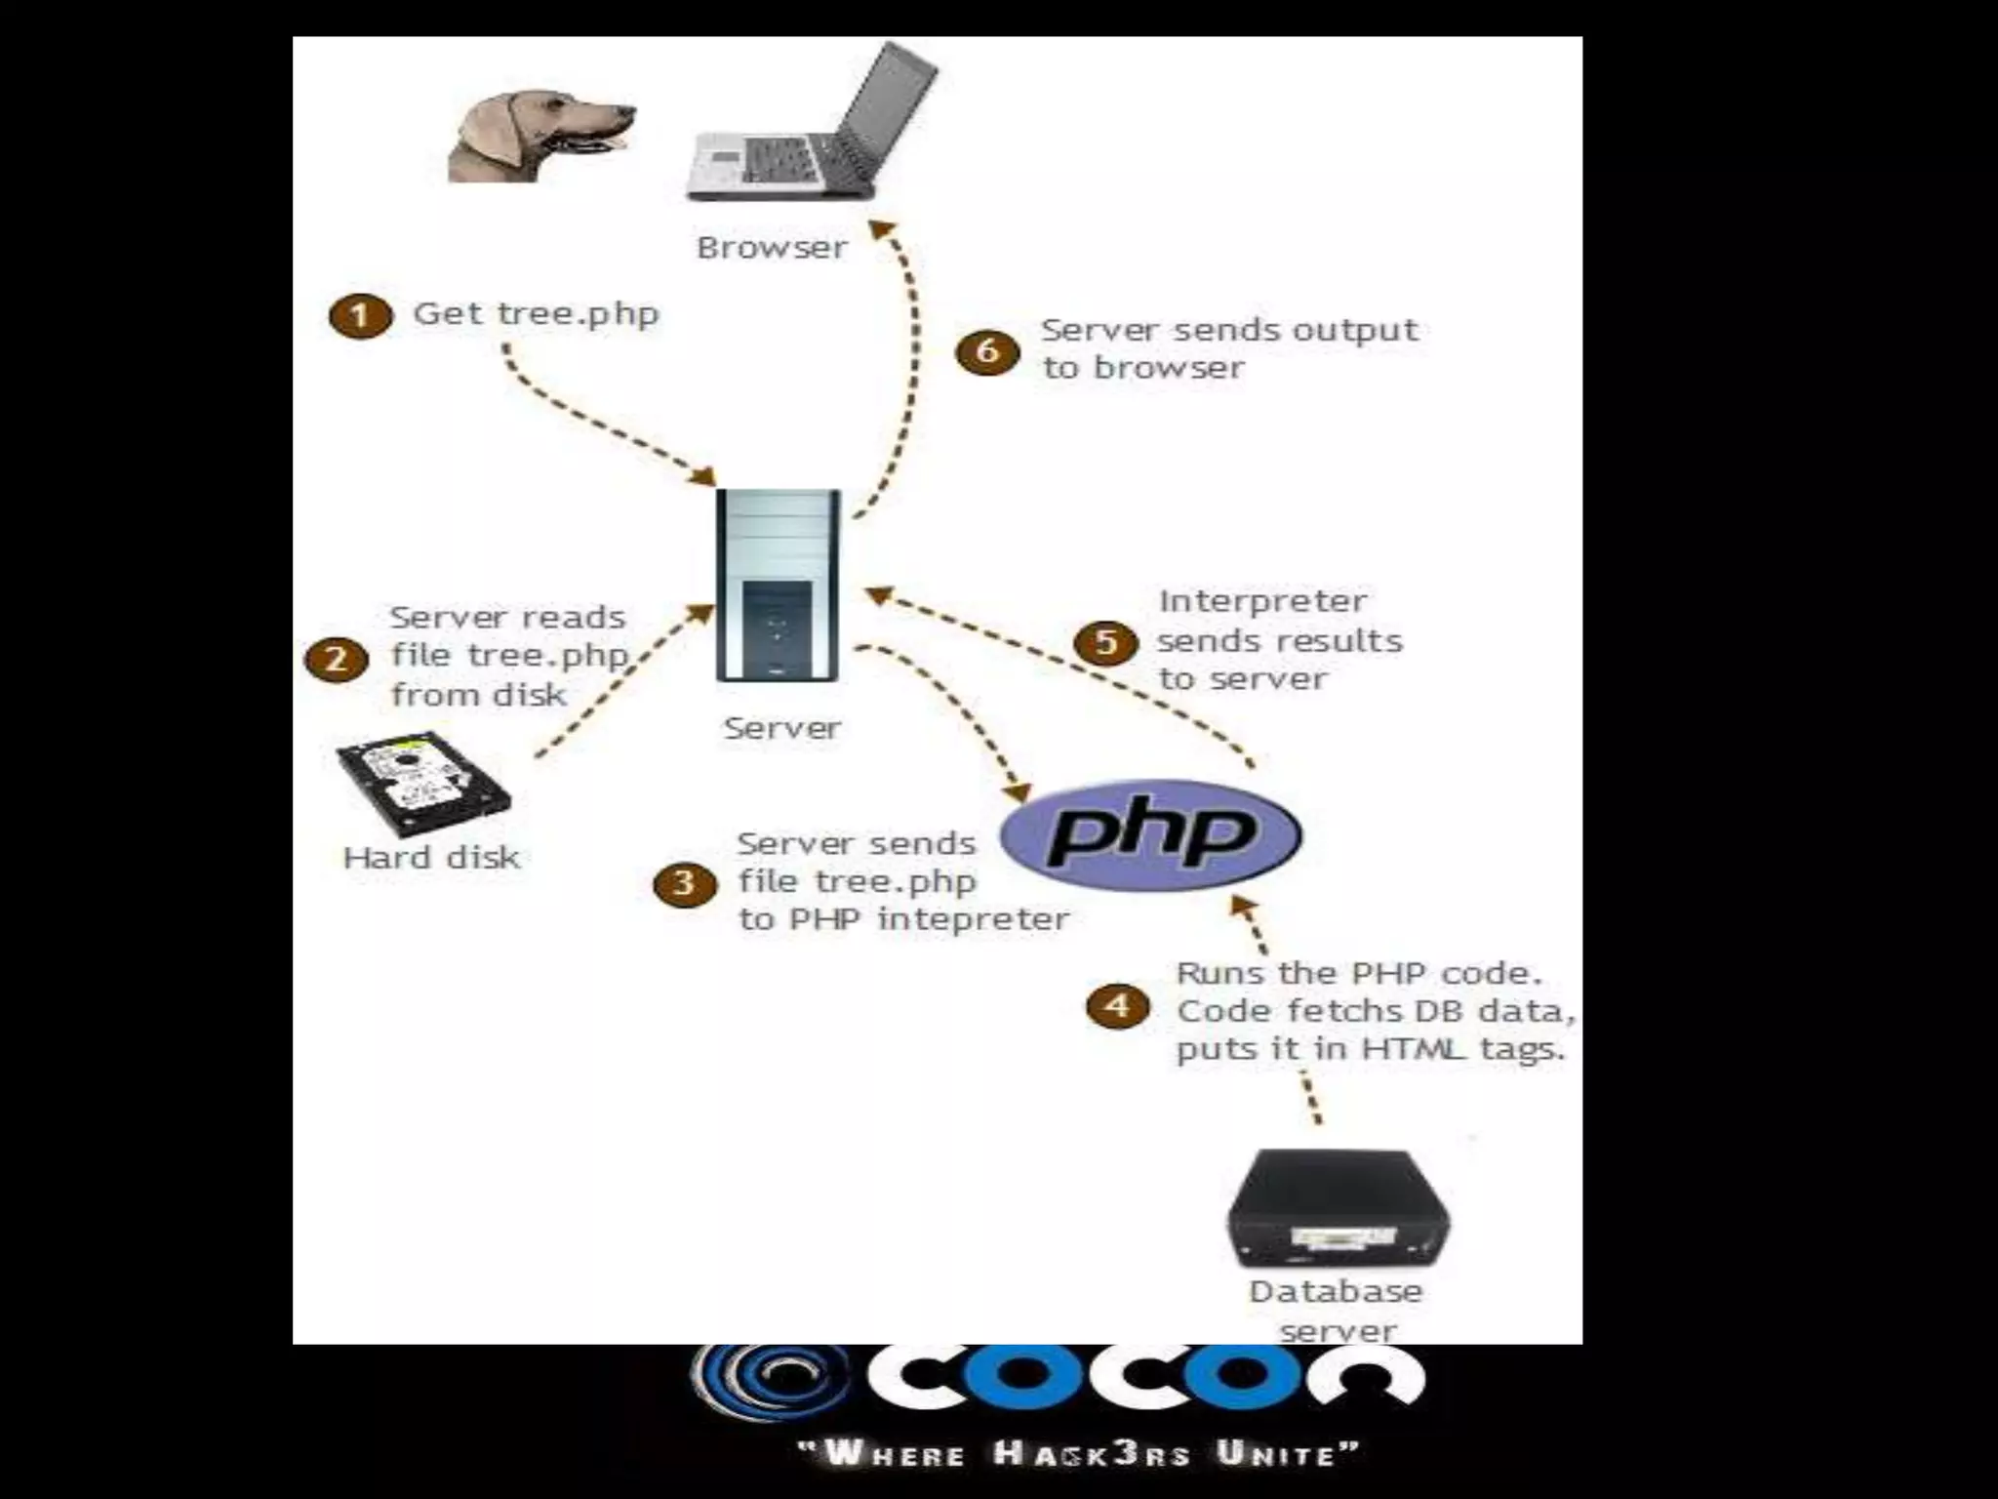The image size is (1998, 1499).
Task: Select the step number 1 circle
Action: click(x=360, y=316)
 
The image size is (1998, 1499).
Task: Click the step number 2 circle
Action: click(x=336, y=660)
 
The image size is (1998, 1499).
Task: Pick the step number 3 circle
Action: click(x=684, y=884)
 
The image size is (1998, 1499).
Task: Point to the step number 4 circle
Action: click(x=1118, y=1006)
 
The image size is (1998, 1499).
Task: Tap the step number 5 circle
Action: click(x=1106, y=643)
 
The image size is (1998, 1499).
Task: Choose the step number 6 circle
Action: click(x=987, y=351)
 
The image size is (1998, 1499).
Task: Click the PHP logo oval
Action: click(x=1151, y=835)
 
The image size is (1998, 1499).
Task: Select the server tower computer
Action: click(x=778, y=586)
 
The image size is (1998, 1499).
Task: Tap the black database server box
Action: click(x=1337, y=1208)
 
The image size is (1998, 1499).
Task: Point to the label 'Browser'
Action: click(x=772, y=248)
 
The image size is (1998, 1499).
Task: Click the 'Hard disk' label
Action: click(x=431, y=858)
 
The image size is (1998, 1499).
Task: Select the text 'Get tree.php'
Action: click(x=537, y=314)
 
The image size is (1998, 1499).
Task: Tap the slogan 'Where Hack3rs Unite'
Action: click(x=1079, y=1453)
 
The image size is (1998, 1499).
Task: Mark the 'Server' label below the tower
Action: click(x=782, y=728)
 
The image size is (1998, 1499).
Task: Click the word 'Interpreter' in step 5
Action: click(x=1262, y=602)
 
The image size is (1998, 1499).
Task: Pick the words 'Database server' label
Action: click(x=1336, y=1311)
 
